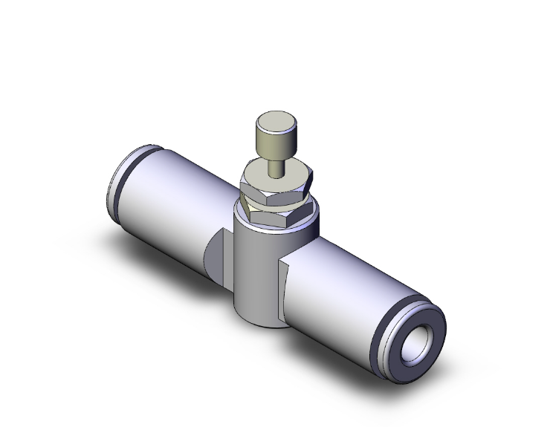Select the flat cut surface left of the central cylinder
pos(216,252)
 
